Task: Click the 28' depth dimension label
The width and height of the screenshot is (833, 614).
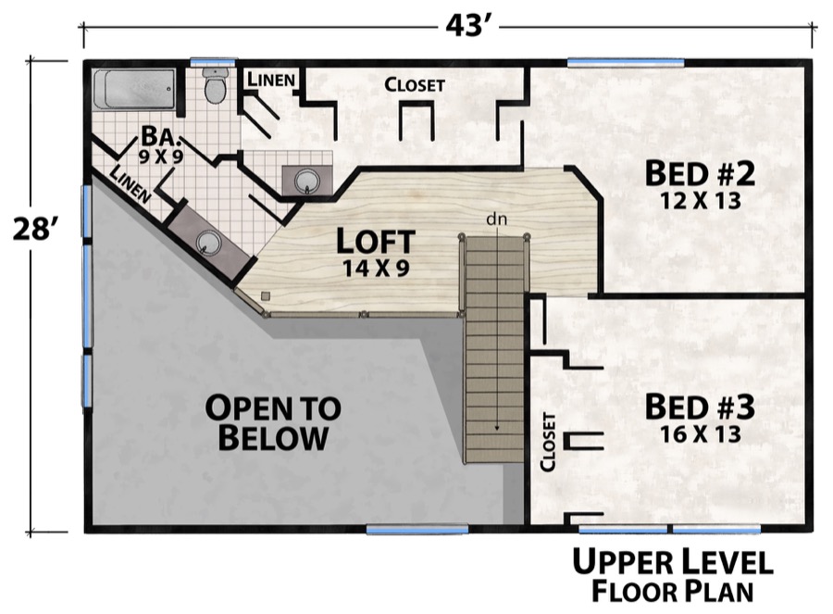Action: [36, 229]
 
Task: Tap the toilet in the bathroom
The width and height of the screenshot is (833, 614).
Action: [215, 87]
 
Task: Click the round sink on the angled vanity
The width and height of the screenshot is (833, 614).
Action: [208, 243]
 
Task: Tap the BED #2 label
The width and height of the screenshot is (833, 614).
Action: [701, 172]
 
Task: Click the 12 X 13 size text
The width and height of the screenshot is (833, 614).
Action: [701, 200]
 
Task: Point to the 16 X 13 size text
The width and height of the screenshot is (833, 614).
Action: [700, 433]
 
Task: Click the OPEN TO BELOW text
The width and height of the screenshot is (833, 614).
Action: [273, 422]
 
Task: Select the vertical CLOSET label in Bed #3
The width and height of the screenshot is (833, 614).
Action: [550, 441]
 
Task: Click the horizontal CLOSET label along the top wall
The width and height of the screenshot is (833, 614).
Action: [415, 84]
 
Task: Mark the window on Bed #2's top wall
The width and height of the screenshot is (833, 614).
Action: [626, 63]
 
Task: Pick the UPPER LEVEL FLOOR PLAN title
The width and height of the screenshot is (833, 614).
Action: [671, 574]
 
